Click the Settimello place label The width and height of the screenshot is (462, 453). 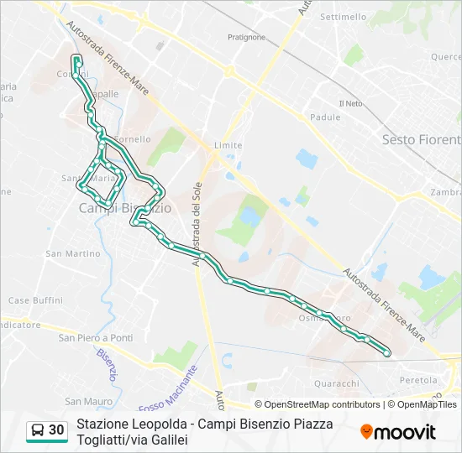(344, 17)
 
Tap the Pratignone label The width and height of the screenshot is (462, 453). (246, 36)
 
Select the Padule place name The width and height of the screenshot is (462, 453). (323, 118)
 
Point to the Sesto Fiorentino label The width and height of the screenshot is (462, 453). (421, 139)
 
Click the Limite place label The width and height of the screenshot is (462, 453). (228, 145)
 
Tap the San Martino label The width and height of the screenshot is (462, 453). (73, 253)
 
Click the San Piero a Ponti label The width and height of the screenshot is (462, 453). (95, 337)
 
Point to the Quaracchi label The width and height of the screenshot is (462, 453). (336, 383)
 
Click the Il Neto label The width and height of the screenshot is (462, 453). (350, 103)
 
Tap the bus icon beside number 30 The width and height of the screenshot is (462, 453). (38, 430)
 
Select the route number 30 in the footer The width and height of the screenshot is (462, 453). (56, 430)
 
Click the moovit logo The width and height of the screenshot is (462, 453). (398, 432)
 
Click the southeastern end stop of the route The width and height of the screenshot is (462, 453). (387, 354)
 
